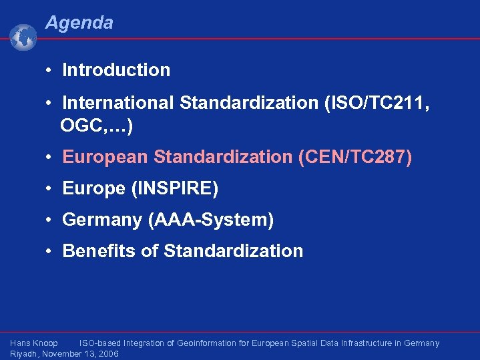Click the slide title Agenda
pos(79,23)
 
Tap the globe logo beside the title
pos(23,37)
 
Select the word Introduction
pos(116,70)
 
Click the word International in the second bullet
pos(118,104)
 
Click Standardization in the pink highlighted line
pos(222,157)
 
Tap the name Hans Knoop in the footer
pos(34,343)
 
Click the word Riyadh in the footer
pos(24,354)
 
